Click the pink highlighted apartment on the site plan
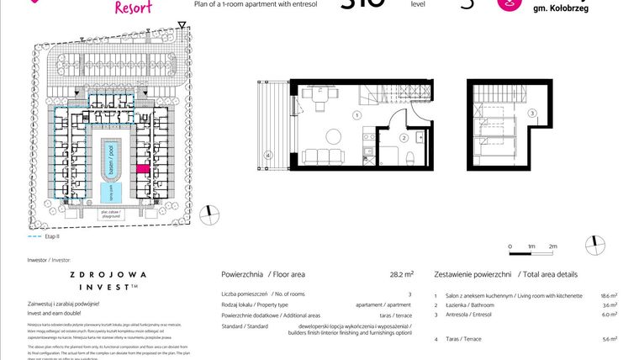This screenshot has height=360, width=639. [x=142, y=169]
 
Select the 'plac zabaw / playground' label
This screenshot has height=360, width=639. [x=108, y=214]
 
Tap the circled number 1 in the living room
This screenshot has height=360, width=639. [x=356, y=115]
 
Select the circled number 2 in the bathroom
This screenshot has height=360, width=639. [x=404, y=138]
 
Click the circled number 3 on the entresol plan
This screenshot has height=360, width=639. [x=532, y=114]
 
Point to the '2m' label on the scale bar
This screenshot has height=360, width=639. [x=553, y=246]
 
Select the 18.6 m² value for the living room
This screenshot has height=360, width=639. [x=609, y=296]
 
